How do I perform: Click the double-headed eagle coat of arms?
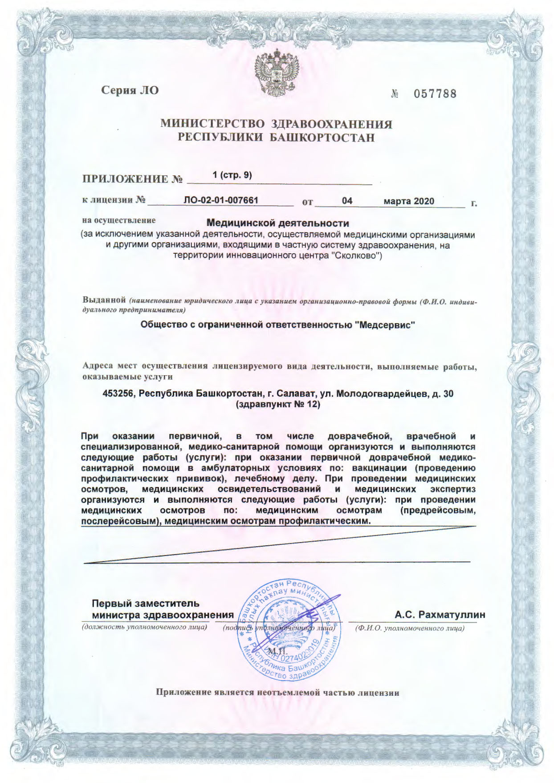277,72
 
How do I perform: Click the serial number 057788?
435,94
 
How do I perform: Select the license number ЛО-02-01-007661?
221,200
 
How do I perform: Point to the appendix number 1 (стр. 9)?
232,175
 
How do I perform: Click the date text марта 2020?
409,201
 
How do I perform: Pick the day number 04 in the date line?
347,201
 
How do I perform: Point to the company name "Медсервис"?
386,325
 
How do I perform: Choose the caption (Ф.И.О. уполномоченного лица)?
409,629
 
